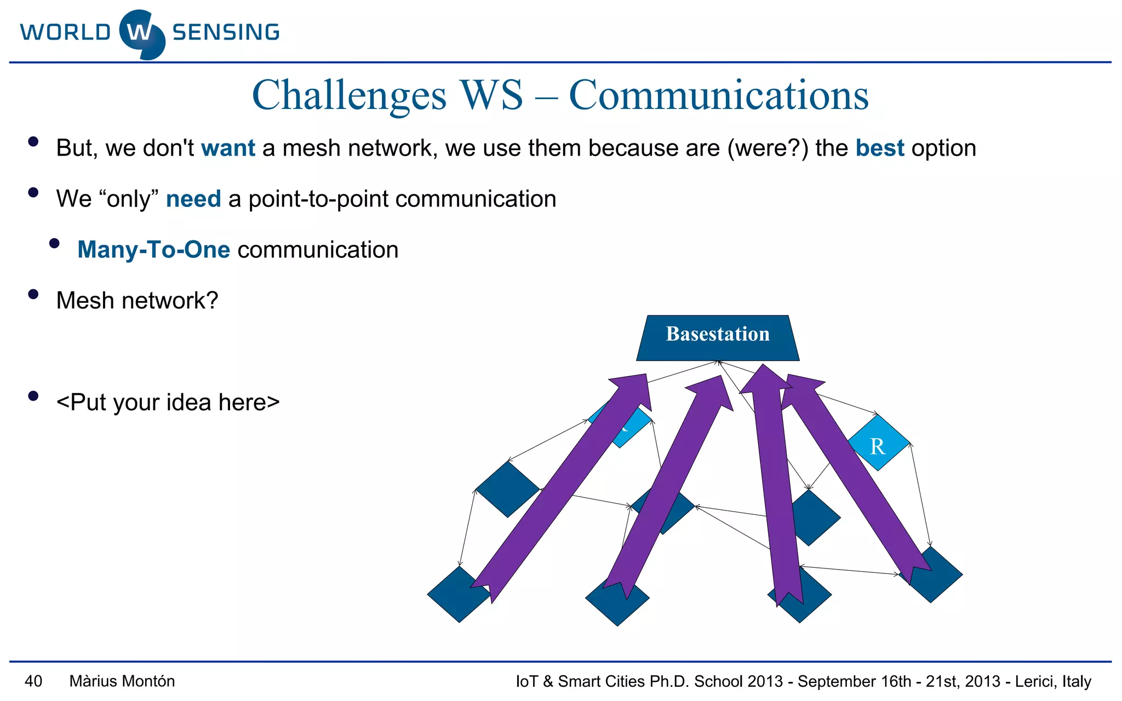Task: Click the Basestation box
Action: [718, 337]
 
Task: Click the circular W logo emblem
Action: [141, 34]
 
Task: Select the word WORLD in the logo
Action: [66, 32]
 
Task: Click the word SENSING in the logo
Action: [226, 32]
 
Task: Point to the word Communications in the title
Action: [718, 95]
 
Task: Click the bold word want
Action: [228, 148]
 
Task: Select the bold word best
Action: [880, 148]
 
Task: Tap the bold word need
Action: [193, 199]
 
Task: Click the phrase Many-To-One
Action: [153, 250]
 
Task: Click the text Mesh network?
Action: [137, 301]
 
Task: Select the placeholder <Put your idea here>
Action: [168, 403]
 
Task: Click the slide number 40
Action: [33, 681]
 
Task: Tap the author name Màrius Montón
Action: [122, 681]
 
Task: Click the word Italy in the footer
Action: [1076, 681]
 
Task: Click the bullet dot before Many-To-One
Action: [54, 244]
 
